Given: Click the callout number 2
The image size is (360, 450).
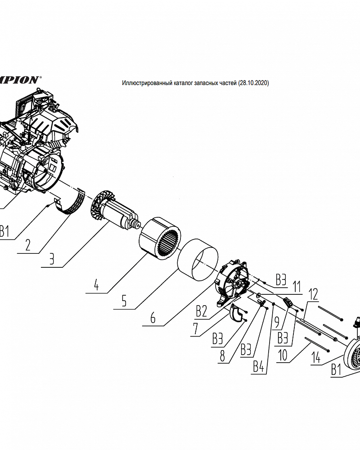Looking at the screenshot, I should tap(28, 245).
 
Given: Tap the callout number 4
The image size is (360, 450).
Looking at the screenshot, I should tap(96, 284).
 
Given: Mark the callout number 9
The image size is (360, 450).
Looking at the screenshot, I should tap(277, 322).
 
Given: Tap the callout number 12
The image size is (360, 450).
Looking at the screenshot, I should tap(313, 294).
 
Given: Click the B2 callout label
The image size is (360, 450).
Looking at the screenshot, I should tap(202, 310).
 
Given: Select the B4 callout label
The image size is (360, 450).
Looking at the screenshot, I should tap(258, 367).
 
